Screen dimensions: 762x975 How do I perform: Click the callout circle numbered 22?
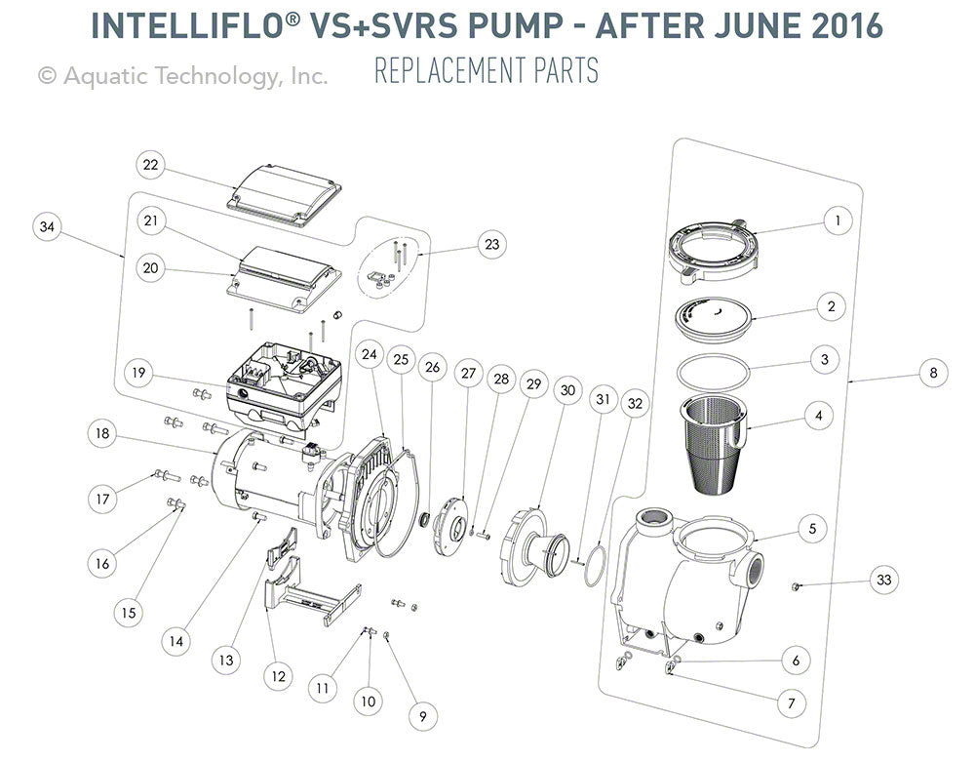[149, 165]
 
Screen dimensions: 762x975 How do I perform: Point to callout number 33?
[883, 580]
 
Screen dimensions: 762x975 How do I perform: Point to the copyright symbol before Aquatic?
[46, 75]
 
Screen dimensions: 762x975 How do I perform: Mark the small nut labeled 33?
[795, 586]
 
